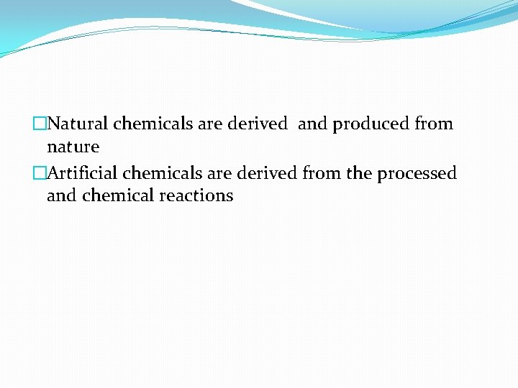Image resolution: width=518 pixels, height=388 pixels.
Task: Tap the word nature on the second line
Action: click(73, 147)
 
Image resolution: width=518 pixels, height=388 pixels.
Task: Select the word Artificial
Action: click(83, 173)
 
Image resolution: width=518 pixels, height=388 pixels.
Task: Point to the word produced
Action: click(371, 124)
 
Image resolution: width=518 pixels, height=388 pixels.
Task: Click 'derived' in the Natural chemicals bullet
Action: click(257, 124)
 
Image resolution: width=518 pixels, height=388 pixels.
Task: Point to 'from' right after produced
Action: click(434, 124)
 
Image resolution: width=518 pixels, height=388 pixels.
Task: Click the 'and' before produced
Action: click(312, 124)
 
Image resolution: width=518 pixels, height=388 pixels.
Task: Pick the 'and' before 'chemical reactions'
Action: click(62, 195)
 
